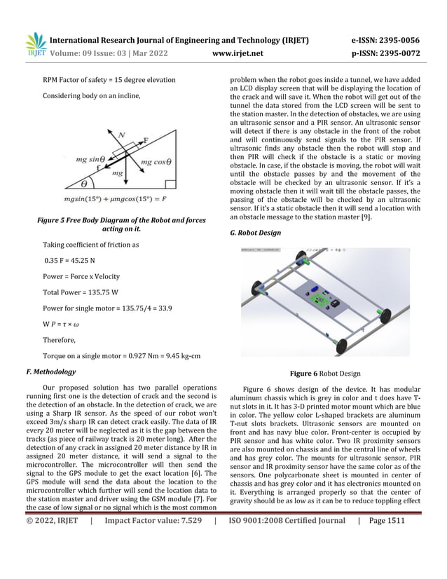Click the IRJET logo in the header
point(36,44)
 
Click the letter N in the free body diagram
point(121,134)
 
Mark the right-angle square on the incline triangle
point(170,185)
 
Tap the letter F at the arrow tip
point(146,139)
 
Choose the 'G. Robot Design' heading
point(256,233)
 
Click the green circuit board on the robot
point(321,299)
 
